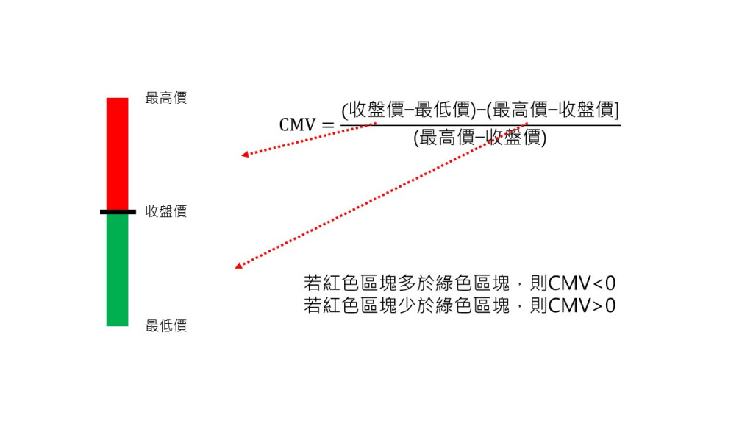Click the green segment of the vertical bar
coord(117,269)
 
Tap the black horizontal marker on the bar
coord(118,212)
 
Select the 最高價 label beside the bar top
coord(166,98)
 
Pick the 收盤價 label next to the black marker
coord(166,212)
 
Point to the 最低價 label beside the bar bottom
coord(166,325)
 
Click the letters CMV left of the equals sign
coord(296,125)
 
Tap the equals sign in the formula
coord(328,125)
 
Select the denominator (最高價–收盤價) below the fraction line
coord(480,138)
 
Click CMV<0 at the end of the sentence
coord(582,283)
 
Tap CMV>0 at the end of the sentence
coord(582,305)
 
